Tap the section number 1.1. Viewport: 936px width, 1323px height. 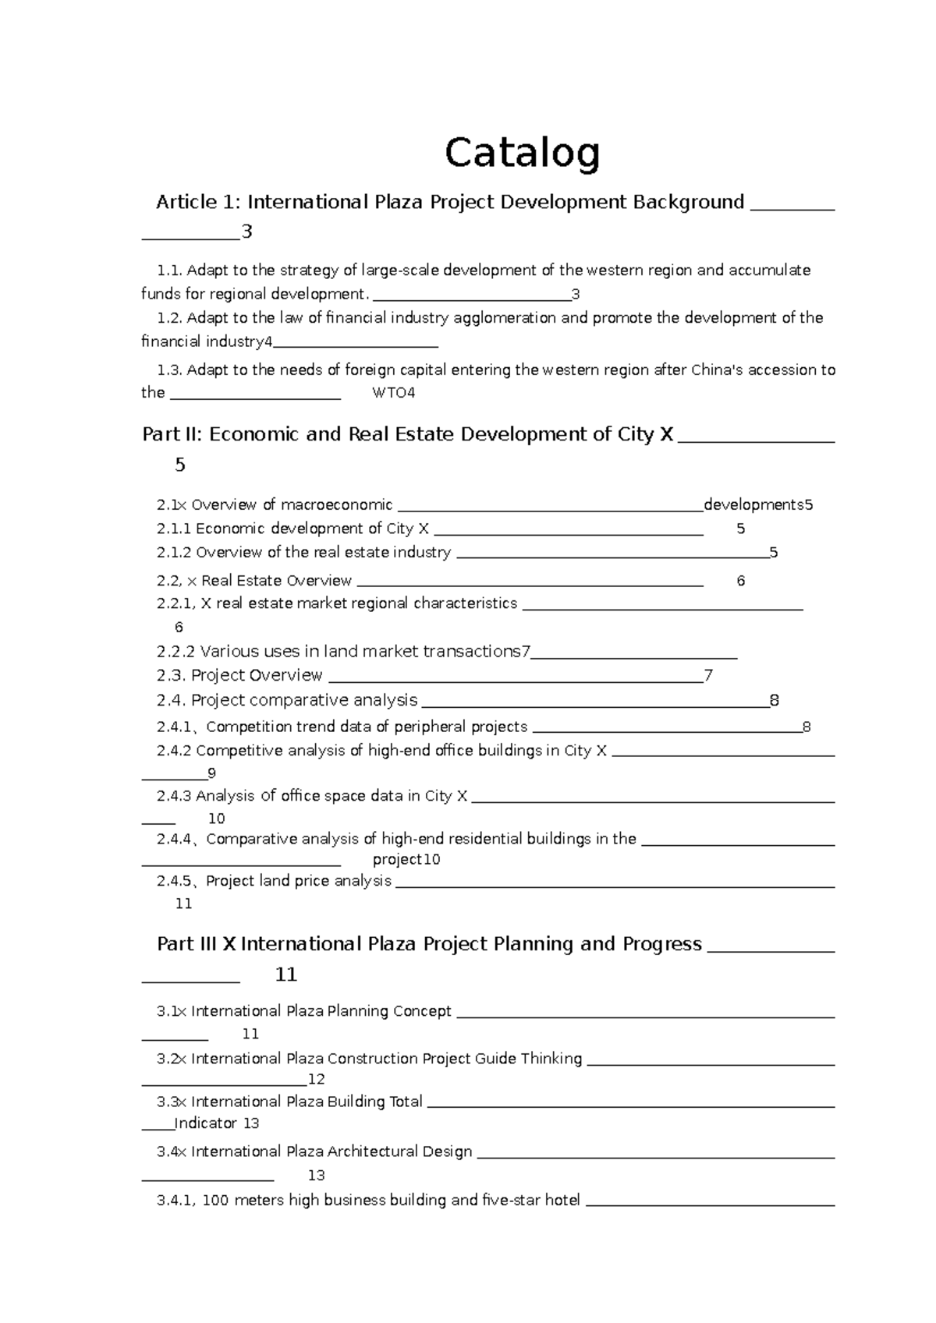tap(169, 271)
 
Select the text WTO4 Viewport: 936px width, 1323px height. tap(394, 393)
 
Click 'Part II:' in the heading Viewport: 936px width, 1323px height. tap(172, 434)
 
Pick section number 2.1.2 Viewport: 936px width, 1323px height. tap(173, 553)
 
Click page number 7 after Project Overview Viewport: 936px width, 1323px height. tap(708, 675)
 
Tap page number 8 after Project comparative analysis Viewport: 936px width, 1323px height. tap(774, 700)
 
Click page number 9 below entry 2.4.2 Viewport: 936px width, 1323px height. tap(211, 773)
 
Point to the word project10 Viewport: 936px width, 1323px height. tap(406, 860)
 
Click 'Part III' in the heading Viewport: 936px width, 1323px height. tap(186, 944)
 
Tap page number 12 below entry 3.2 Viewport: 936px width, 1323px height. tap(316, 1080)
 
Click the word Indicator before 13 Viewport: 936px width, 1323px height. tap(205, 1123)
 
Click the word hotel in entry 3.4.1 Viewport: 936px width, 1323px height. tap(562, 1201)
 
